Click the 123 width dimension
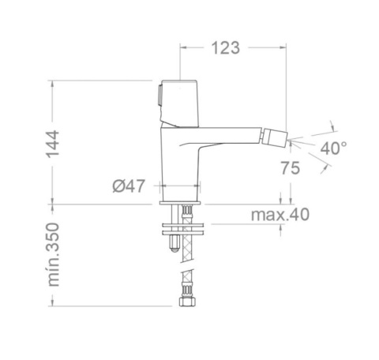click(226, 48)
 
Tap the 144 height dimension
click(53, 144)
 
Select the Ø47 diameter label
click(129, 186)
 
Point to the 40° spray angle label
click(333, 148)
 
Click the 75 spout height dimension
click(291, 168)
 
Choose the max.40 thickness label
click(280, 215)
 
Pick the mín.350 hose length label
click(53, 254)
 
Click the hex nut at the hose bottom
click(187, 302)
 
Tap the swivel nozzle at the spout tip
click(276, 137)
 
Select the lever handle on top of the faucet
click(180, 103)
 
